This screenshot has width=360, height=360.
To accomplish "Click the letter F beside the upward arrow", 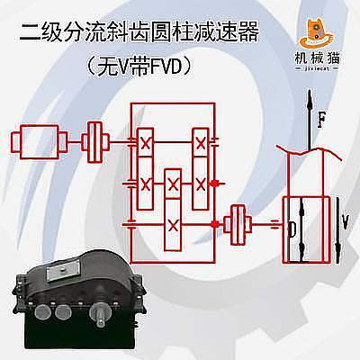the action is [x=321, y=120].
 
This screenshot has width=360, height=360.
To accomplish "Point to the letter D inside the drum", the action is [x=292, y=229].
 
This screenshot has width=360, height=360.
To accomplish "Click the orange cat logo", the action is [x=317, y=33].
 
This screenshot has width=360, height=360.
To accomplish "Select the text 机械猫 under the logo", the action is [x=317, y=58].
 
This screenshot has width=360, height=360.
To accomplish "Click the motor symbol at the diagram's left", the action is [x=39, y=142].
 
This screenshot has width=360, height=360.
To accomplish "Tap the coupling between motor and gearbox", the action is [x=95, y=142].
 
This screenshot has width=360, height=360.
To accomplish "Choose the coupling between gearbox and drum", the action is [x=238, y=224].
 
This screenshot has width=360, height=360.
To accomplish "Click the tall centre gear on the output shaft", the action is [x=173, y=210].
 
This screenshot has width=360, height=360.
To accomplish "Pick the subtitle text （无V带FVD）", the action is [x=139, y=66].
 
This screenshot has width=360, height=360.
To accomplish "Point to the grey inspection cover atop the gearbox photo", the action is [x=64, y=270].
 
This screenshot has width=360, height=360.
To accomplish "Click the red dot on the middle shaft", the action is [x=214, y=184].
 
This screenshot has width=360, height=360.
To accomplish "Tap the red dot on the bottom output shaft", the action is [x=215, y=224].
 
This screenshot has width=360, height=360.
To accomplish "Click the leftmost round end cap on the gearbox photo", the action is [x=43, y=311].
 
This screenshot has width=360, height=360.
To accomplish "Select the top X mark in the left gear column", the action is [x=146, y=143].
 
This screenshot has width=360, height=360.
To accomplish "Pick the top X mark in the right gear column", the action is [x=201, y=143].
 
